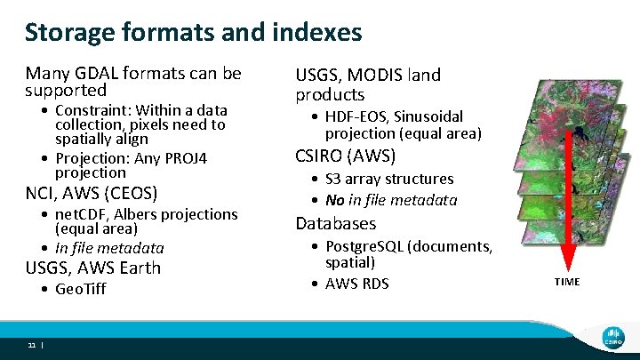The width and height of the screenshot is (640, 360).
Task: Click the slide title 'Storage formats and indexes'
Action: click(x=193, y=33)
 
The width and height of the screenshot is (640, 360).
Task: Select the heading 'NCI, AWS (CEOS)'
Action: click(x=91, y=193)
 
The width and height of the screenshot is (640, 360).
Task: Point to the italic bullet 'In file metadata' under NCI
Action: click(x=109, y=248)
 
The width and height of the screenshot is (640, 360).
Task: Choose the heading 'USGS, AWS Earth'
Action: click(x=93, y=268)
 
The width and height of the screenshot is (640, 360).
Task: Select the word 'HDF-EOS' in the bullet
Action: click(x=356, y=116)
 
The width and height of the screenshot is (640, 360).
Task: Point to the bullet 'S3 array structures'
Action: click(x=389, y=179)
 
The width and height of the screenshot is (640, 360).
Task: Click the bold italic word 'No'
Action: click(x=335, y=200)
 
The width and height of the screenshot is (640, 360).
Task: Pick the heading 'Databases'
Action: click(x=336, y=223)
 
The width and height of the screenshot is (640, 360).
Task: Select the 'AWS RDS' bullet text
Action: click(x=357, y=284)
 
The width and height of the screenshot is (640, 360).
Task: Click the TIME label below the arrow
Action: click(x=567, y=282)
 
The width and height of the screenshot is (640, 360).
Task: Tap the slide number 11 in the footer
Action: click(x=31, y=345)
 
